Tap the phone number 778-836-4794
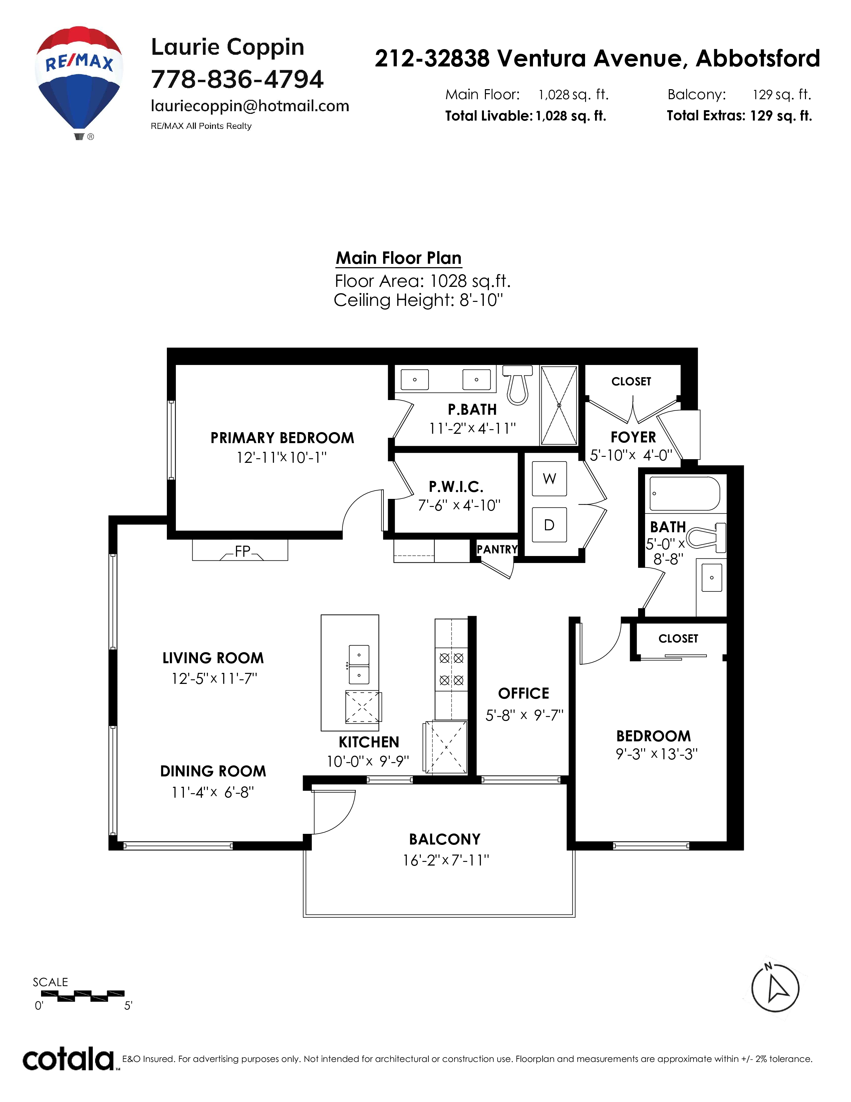click(x=237, y=79)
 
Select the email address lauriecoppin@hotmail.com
click(x=250, y=106)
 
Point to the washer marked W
click(x=550, y=478)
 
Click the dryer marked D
click(x=550, y=525)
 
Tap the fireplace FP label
click(x=243, y=551)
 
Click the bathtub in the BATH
click(x=684, y=494)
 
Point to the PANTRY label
click(x=497, y=549)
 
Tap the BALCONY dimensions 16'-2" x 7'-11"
click(x=446, y=860)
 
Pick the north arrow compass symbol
click(x=775, y=988)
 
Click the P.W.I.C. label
click(x=456, y=487)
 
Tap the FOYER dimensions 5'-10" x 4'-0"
click(x=631, y=455)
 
